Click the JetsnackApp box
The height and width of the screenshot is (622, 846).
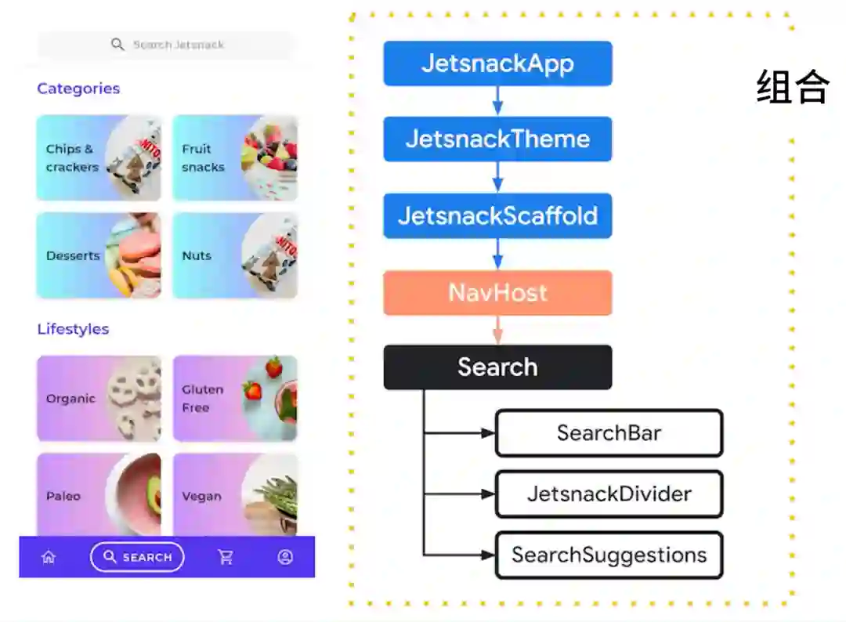point(497,63)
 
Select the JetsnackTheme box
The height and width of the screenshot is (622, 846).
point(497,139)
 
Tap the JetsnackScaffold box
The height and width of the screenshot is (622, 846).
point(497,215)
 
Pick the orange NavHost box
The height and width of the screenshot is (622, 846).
point(497,293)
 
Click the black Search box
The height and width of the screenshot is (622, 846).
point(497,367)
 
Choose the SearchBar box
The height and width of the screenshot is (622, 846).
point(609,432)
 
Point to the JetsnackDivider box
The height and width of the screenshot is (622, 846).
point(609,494)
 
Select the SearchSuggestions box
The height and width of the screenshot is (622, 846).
point(609,555)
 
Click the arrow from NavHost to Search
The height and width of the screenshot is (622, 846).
point(497,330)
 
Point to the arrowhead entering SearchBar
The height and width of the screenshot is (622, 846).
point(488,432)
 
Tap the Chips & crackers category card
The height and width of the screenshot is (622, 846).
point(99,158)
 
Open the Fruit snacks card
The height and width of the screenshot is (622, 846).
point(235,158)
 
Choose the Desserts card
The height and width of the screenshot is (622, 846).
point(99,255)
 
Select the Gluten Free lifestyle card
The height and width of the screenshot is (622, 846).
point(235,399)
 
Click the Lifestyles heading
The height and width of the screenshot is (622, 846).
point(73,329)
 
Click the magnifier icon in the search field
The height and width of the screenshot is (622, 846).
point(117,45)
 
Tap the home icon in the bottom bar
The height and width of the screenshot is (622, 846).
point(49,557)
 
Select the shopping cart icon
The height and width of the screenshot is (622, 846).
point(226,557)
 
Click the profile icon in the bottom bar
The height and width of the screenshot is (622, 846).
point(285,557)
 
